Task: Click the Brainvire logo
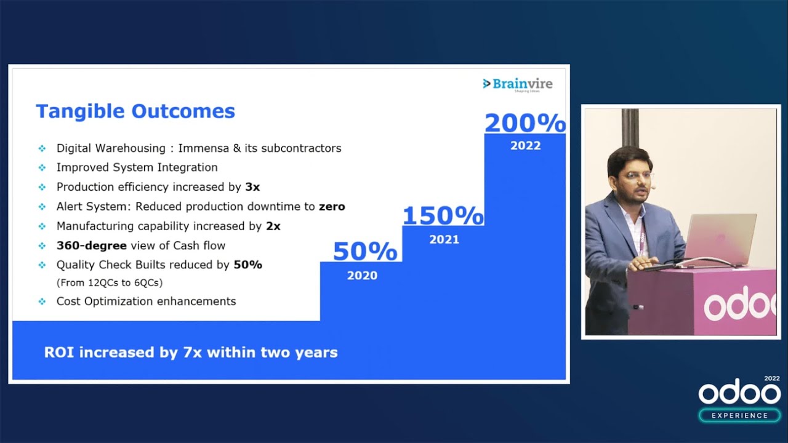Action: coord(518,85)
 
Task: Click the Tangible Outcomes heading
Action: coord(135,111)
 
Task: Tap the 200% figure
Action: coord(525,123)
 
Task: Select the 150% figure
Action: coord(443,215)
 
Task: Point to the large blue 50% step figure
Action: coord(365,251)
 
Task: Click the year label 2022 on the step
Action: coord(526,146)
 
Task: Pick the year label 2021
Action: coord(444,239)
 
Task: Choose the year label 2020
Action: coord(363,275)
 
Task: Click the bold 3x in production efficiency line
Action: coord(252,186)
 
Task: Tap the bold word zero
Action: coord(332,206)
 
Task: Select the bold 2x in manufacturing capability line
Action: coord(273,226)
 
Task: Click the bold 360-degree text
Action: coord(92,245)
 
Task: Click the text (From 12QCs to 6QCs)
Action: coord(110,282)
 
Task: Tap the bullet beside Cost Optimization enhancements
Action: coord(42,301)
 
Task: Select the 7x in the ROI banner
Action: coord(193,353)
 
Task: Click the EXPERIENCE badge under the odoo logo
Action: coord(739,415)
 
